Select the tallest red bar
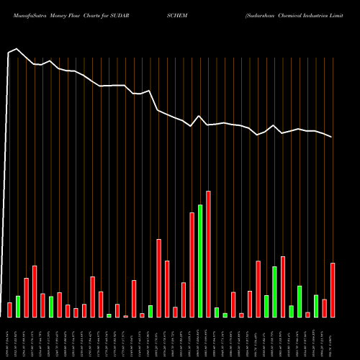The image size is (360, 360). pos(208,253)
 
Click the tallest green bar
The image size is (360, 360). pos(200,261)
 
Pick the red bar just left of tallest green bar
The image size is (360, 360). pos(192,264)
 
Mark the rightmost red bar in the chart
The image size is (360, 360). pos(333,289)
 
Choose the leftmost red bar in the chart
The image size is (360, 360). pos(9,310)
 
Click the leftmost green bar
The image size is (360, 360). pos(18,306)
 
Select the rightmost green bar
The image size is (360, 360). pos(316,306)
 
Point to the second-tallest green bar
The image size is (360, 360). pos(274,292)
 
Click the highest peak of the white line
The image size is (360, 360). pos(17,49)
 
